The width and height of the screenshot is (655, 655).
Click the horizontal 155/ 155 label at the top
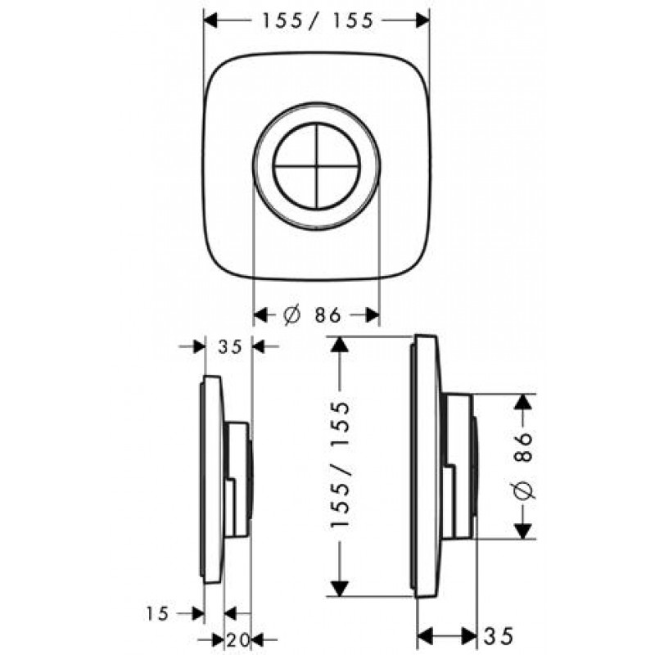coord(317,20)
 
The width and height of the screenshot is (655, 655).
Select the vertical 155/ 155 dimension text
coord(339,465)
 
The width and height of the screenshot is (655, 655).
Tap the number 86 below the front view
coord(328,315)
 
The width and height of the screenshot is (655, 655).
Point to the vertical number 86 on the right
coord(523,446)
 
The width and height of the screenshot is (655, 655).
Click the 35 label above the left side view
coord(230,346)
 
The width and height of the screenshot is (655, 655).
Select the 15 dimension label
coord(157,613)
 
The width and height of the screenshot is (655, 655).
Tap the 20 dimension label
coord(238,639)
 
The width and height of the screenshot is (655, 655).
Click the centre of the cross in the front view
coord(316,166)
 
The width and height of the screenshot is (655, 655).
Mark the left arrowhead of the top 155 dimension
coord(210,20)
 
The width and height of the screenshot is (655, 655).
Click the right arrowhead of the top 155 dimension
coord(422,20)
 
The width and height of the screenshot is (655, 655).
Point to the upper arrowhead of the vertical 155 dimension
coord(340,344)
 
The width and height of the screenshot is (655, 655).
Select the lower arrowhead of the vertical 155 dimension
coord(340,588)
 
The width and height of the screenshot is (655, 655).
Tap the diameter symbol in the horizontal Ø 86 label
coord(291,315)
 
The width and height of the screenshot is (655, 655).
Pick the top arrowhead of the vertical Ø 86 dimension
coord(523,402)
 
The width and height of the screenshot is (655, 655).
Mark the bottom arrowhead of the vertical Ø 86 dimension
coord(523,531)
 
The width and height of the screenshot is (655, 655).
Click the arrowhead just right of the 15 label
coord(197,613)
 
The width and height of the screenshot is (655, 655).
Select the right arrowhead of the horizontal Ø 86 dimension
coord(372,315)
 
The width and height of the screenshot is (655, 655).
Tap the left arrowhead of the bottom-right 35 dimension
coord(425,636)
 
